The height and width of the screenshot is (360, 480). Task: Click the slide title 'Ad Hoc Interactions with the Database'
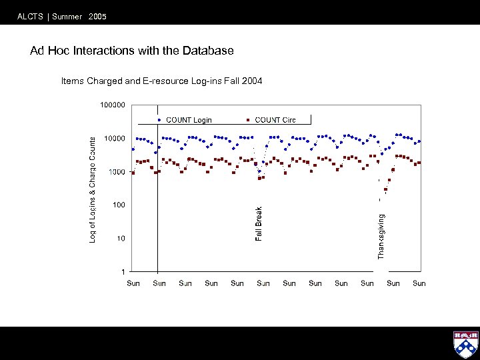coord(132,51)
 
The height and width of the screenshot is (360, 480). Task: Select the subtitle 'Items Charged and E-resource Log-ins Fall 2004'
coord(161,81)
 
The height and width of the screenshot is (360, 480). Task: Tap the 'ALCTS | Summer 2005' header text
coord(62,17)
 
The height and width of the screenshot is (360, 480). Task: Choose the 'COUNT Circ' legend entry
coord(275,120)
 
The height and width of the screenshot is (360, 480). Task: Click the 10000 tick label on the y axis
coord(115,138)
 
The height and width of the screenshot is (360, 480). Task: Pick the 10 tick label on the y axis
coord(121,238)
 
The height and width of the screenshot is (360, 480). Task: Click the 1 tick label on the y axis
coord(123,271)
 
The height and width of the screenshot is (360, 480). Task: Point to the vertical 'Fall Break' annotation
coord(259,224)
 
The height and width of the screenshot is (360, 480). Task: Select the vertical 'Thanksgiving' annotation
coord(381,236)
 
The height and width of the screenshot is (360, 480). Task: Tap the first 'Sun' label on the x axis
coord(133,283)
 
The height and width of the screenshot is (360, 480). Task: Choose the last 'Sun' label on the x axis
coord(419,283)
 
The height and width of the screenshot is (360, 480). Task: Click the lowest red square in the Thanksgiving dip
coord(385,189)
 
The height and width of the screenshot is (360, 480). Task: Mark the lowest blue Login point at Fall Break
coord(259,171)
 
